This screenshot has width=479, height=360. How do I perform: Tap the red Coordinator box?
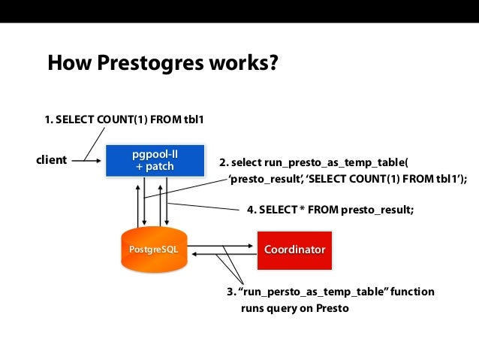294,249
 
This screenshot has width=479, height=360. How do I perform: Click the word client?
52,160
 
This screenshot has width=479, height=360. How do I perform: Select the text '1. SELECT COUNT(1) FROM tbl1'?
124,119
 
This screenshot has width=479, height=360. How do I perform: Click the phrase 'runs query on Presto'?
294,308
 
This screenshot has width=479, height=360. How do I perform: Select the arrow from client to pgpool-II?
86,160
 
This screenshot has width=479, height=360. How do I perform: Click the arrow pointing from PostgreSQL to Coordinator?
225,244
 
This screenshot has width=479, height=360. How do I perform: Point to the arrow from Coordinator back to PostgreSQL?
225,256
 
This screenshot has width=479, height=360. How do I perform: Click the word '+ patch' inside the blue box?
154,167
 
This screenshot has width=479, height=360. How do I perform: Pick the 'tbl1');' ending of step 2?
450,179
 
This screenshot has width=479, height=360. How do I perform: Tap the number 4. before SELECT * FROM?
252,210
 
